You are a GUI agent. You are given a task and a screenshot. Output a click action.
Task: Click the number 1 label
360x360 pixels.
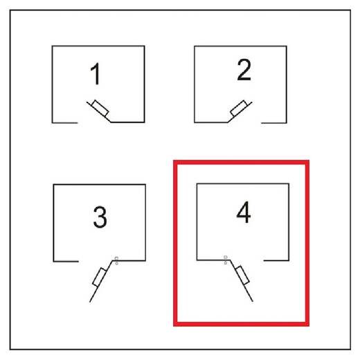96,73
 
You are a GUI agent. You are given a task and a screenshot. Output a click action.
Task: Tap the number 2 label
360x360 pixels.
244,70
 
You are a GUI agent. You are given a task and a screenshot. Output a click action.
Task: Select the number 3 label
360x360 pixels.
100,217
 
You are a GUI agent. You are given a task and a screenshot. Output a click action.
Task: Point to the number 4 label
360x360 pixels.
244,212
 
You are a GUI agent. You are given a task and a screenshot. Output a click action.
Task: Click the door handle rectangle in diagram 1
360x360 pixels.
100,108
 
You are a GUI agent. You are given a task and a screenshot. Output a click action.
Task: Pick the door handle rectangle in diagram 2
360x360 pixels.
239,108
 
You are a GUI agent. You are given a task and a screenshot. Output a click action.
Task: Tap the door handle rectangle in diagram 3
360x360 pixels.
100,277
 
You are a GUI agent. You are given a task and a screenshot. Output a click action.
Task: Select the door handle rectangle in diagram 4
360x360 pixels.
242,275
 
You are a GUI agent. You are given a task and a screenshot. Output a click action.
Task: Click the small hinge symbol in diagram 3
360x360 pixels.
116,260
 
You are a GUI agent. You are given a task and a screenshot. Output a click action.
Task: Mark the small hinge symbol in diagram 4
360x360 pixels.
226,260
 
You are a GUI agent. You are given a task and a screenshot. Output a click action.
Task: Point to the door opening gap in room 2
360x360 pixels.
244,123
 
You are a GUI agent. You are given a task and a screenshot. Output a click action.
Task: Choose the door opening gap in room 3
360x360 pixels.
96,261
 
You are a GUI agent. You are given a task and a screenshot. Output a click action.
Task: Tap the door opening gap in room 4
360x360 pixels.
247,260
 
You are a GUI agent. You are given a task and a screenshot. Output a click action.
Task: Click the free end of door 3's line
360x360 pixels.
89,302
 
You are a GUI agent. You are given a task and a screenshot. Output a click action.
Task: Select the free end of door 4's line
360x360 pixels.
253,301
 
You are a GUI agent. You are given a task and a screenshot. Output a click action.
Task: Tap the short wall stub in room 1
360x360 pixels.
65,123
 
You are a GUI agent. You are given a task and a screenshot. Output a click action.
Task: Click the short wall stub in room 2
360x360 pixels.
274,123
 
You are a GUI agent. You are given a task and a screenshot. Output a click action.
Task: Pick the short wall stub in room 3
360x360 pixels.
66,262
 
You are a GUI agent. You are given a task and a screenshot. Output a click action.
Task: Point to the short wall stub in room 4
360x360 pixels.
276,260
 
